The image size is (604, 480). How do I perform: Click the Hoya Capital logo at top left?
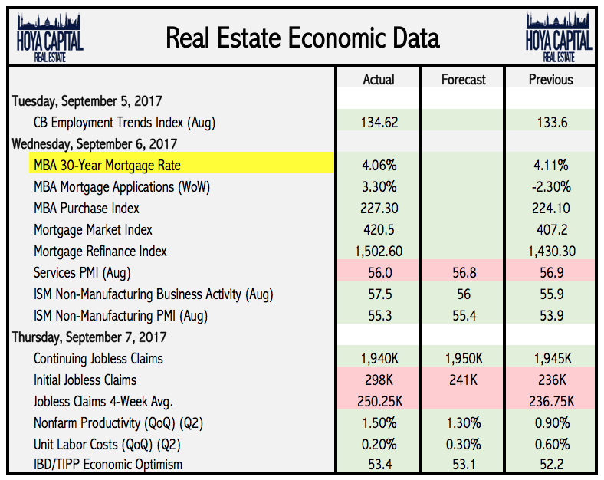pos(50,38)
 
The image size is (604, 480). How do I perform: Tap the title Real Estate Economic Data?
pos(303,38)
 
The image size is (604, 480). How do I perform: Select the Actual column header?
pos(378,80)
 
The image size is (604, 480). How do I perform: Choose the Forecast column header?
pos(463,80)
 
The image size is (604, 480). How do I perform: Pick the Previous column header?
pos(550,80)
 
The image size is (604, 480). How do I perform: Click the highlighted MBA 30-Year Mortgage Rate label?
pos(107,165)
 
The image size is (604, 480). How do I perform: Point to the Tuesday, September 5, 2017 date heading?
pos(87,100)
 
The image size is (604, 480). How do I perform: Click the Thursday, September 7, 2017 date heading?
pos(90,337)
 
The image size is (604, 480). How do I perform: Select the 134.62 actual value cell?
pos(378,122)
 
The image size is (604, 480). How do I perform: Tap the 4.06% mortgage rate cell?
pos(378,165)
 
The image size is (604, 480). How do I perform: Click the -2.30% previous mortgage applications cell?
pos(550,186)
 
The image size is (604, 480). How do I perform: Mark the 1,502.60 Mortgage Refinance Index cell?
pos(378,251)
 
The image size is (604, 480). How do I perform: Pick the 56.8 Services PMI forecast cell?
pos(463,272)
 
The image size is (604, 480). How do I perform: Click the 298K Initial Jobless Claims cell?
pos(378,380)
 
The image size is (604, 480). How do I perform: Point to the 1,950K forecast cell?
pos(463,358)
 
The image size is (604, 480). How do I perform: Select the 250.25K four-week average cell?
pos(378,401)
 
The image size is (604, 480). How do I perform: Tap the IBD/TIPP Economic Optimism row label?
pos(108,464)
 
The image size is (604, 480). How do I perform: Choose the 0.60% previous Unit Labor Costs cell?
pos(550,444)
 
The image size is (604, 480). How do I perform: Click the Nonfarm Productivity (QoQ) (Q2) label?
pos(118,422)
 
